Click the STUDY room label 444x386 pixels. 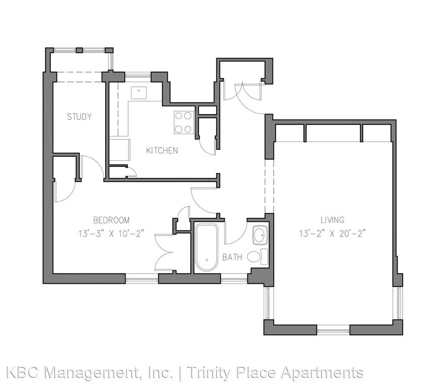coord(79,117)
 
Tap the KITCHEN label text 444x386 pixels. coord(162,150)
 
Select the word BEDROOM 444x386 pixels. coord(111,220)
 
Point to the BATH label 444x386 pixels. coord(232,257)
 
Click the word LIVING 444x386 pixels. coord(332,220)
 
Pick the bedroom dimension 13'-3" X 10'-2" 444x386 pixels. coord(111,234)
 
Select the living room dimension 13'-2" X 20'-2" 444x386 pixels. coord(333,234)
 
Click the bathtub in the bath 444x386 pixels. coord(206,248)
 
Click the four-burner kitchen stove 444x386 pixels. coord(183,123)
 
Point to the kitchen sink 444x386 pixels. coord(138,93)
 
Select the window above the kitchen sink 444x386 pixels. coord(138,76)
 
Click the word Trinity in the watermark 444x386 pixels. coord(208,288)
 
